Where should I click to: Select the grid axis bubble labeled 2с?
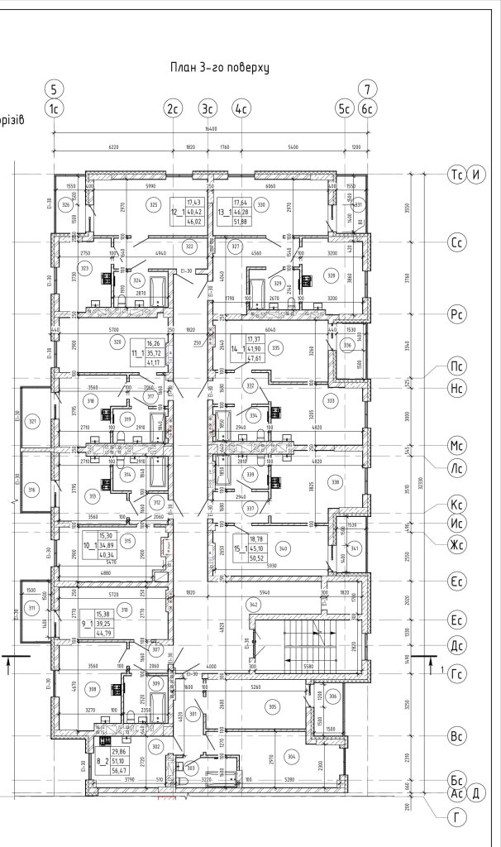click(173, 108)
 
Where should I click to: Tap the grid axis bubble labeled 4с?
click(241, 108)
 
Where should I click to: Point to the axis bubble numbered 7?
click(366, 89)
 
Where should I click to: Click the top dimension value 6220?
click(113, 146)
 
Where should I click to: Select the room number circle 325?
click(151, 205)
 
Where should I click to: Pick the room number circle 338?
click(335, 481)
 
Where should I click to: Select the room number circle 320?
click(117, 342)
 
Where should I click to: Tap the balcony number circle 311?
click(32, 610)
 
